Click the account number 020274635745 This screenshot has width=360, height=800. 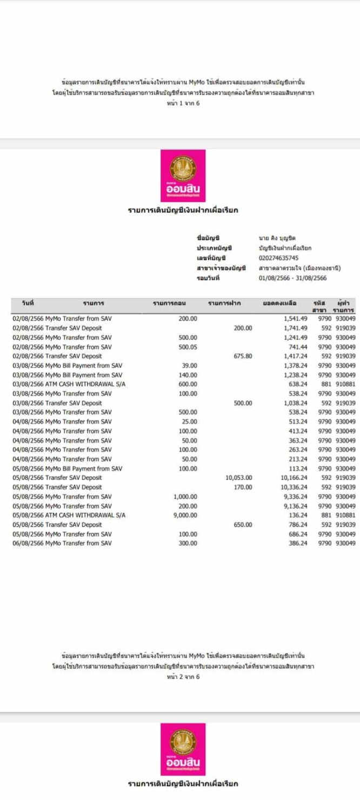coord(278,258)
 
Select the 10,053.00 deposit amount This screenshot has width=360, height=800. coord(238,478)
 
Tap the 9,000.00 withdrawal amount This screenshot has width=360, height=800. coord(185,515)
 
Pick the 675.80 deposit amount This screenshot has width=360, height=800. coord(243,356)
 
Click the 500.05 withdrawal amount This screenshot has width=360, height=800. coord(188,346)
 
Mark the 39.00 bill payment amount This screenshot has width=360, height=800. coord(190,365)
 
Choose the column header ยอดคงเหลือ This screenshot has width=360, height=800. coord(279,304)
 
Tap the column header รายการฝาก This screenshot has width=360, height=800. coord(224,304)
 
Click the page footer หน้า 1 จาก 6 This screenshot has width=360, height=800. coord(183,103)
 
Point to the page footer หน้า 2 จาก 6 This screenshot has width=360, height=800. coord(183,676)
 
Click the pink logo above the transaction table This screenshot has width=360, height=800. coord(183,176)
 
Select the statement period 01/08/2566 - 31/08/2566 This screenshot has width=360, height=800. coord(292,278)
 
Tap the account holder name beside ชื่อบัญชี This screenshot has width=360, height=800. coord(277,238)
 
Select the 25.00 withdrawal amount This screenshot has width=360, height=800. coord(190,422)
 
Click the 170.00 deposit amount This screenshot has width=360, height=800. coord(243,487)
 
